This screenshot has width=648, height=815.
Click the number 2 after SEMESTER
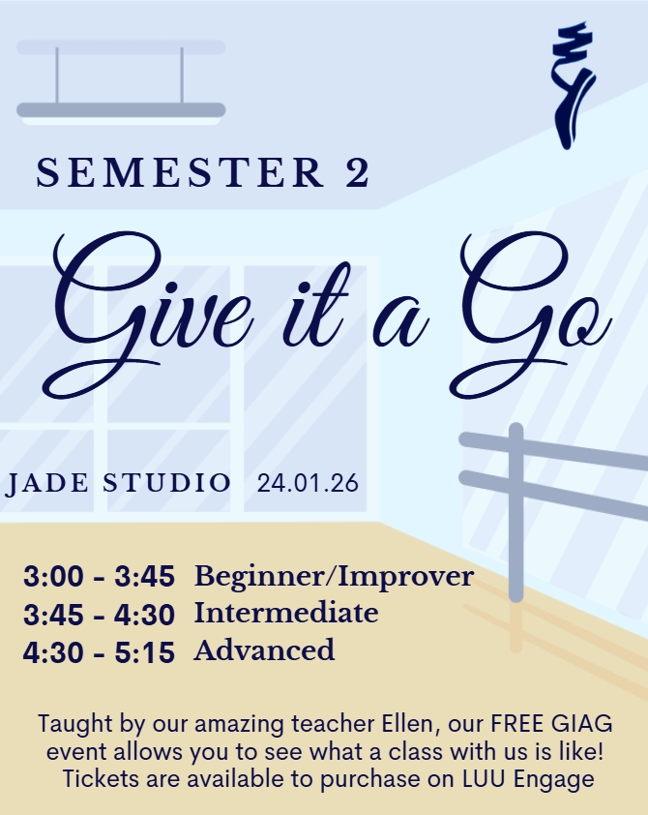(356, 173)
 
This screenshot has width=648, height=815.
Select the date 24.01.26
(307, 483)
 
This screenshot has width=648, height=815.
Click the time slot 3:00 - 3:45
(99, 578)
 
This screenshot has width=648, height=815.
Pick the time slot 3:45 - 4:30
(99, 615)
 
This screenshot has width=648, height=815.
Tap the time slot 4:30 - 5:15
(99, 651)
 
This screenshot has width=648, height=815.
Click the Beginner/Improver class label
(334, 578)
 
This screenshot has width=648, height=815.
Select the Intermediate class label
(286, 613)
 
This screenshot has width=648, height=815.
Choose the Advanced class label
(264, 649)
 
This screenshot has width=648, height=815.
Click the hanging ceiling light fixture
(121, 109)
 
